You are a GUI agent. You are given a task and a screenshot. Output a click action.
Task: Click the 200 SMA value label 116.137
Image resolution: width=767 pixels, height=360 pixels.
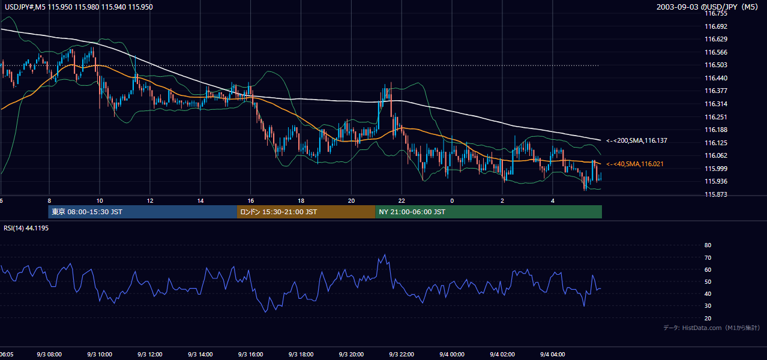(x=637, y=140)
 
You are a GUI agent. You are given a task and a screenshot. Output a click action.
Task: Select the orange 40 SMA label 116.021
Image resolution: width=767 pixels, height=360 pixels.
(x=635, y=164)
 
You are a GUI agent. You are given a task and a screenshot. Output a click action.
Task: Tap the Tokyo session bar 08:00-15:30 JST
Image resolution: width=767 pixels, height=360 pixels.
(x=142, y=212)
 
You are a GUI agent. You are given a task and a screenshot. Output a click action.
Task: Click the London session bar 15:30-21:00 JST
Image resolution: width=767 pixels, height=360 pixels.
(x=306, y=212)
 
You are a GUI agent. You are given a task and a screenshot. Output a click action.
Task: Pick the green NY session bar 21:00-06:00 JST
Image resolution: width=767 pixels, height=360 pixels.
(x=489, y=212)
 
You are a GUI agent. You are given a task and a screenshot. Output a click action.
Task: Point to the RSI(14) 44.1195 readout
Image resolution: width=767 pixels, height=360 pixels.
(x=26, y=228)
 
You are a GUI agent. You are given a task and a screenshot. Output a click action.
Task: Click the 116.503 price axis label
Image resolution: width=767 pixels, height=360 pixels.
(x=716, y=65)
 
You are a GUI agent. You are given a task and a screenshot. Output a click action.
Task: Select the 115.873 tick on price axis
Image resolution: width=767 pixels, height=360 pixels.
(x=716, y=194)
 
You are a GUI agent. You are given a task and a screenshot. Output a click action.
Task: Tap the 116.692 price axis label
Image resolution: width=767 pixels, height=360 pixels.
(x=716, y=26)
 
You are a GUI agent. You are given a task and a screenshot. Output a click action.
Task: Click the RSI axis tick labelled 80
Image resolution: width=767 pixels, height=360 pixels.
(x=708, y=245)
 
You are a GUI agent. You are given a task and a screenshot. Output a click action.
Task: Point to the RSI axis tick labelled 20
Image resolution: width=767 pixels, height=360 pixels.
(x=708, y=318)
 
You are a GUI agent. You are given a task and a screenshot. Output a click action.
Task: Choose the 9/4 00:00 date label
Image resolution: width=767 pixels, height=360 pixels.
(x=452, y=355)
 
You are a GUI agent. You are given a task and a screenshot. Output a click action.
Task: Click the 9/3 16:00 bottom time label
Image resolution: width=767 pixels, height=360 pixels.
(x=251, y=355)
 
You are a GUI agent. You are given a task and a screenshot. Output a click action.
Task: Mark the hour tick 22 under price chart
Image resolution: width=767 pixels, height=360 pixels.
(x=402, y=201)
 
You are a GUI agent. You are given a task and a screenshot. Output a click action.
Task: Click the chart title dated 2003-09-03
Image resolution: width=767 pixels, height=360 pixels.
(x=708, y=7)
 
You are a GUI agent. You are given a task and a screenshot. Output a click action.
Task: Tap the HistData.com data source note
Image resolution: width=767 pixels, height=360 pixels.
(x=712, y=328)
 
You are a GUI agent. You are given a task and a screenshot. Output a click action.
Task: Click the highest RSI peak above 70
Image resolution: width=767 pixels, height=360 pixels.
(x=385, y=254)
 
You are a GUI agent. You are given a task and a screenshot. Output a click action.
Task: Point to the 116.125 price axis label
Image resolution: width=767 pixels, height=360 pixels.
(x=716, y=143)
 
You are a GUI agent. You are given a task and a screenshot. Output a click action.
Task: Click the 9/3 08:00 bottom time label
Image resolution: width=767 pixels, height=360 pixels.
(x=49, y=355)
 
